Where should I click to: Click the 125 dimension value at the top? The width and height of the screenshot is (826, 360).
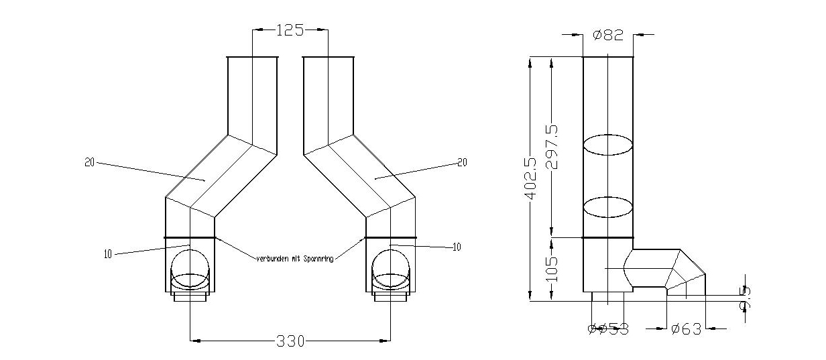pyautogui.click(x=290, y=30)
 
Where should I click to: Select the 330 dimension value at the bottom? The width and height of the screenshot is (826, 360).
pyautogui.click(x=290, y=341)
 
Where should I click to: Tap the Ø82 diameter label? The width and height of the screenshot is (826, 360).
pyautogui.click(x=609, y=34)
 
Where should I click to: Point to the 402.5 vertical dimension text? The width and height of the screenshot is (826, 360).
pyautogui.click(x=530, y=179)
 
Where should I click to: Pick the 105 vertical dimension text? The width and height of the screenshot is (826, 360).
pyautogui.click(x=552, y=269)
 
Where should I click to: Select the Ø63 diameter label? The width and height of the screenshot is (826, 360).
pyautogui.click(x=685, y=328)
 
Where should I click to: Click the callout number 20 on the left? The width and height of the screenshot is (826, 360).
pyautogui.click(x=90, y=162)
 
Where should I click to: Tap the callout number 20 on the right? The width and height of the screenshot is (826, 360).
pyautogui.click(x=461, y=162)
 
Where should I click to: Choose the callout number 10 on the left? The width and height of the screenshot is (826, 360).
pyautogui.click(x=107, y=253)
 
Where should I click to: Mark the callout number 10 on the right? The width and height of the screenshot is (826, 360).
pyautogui.click(x=457, y=247)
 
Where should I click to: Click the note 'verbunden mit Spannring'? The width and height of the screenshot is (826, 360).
pyautogui.click(x=294, y=257)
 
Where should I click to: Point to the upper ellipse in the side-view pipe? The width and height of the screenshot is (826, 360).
pyautogui.click(x=607, y=145)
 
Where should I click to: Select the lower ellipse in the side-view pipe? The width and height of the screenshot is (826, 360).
pyautogui.click(x=607, y=207)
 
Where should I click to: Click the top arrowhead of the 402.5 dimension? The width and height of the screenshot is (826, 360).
pyautogui.click(x=530, y=62)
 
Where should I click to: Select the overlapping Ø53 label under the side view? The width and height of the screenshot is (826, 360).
pyautogui.click(x=608, y=328)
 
